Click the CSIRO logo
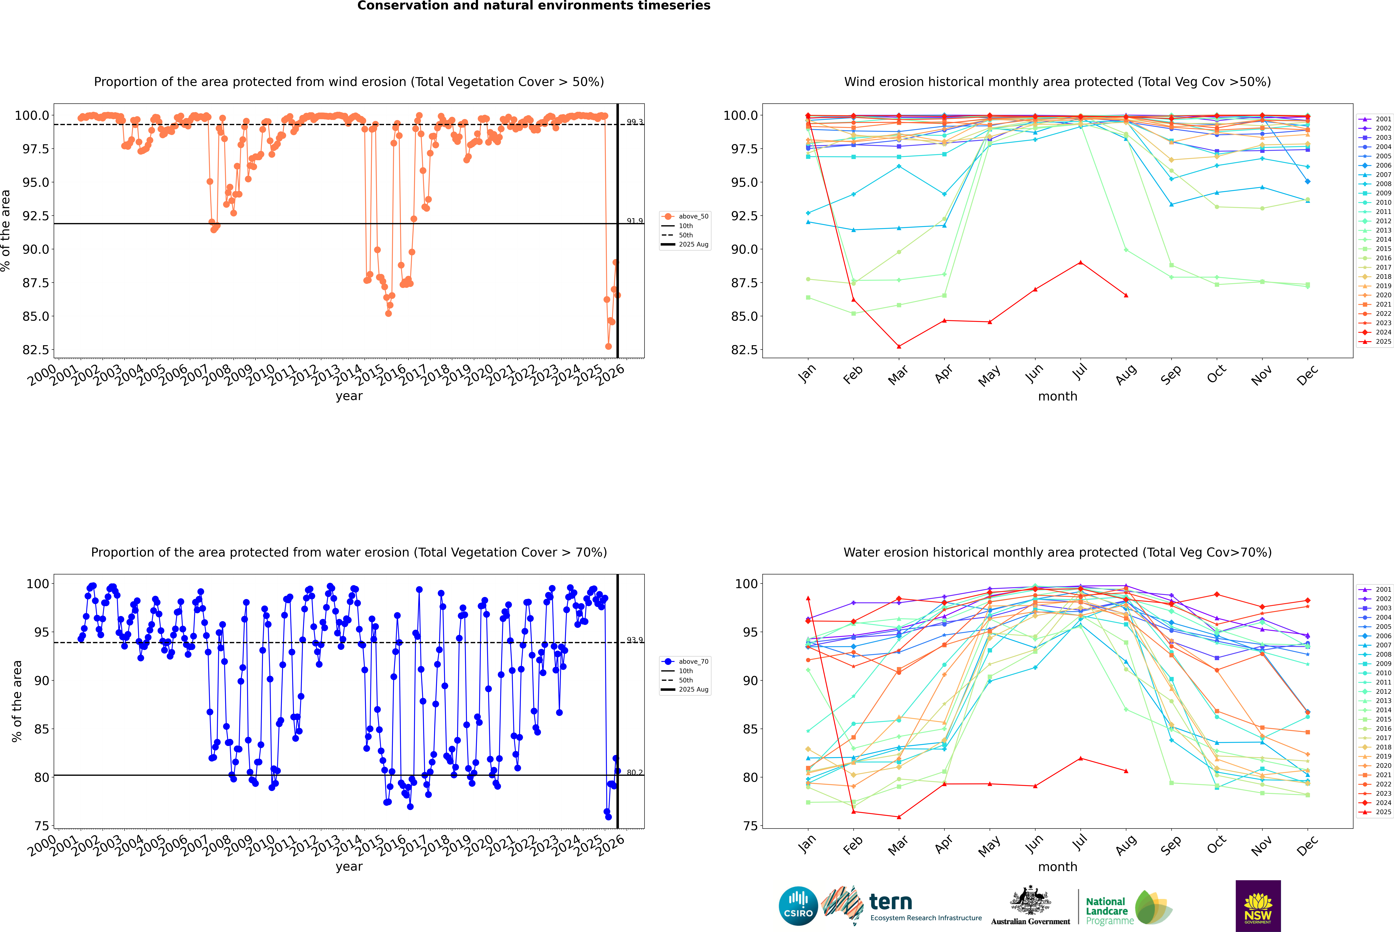798,906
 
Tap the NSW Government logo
1258,906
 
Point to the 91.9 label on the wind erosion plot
635,221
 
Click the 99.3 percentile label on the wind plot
635,122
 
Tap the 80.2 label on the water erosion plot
635,773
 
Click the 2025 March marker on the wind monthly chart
898,346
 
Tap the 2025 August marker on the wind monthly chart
1125,295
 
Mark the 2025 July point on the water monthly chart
1080,758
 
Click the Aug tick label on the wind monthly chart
1125,374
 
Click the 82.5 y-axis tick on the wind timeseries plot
36,350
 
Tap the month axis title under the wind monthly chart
1057,397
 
